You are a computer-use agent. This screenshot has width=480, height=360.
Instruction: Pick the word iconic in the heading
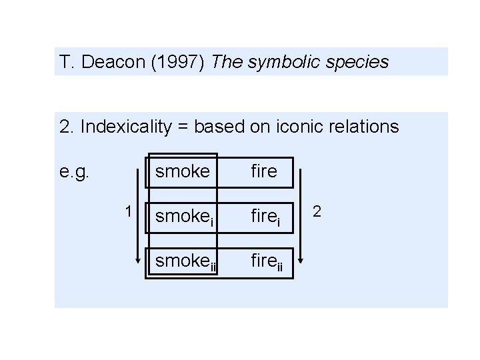tap(307, 127)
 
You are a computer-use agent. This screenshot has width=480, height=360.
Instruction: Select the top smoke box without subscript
tap(182, 171)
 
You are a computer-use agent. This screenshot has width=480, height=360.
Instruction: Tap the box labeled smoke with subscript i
tap(184, 217)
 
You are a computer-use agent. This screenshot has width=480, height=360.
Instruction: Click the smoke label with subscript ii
tap(186, 262)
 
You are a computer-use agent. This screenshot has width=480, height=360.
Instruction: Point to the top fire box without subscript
tap(263, 171)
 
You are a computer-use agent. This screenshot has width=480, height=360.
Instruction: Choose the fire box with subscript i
tap(265, 217)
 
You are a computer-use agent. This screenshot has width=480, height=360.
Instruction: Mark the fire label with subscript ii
tap(267, 262)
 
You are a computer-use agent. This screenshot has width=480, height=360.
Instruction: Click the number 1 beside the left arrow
tap(127, 211)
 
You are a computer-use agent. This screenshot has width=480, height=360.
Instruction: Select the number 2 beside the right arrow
tap(317, 211)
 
